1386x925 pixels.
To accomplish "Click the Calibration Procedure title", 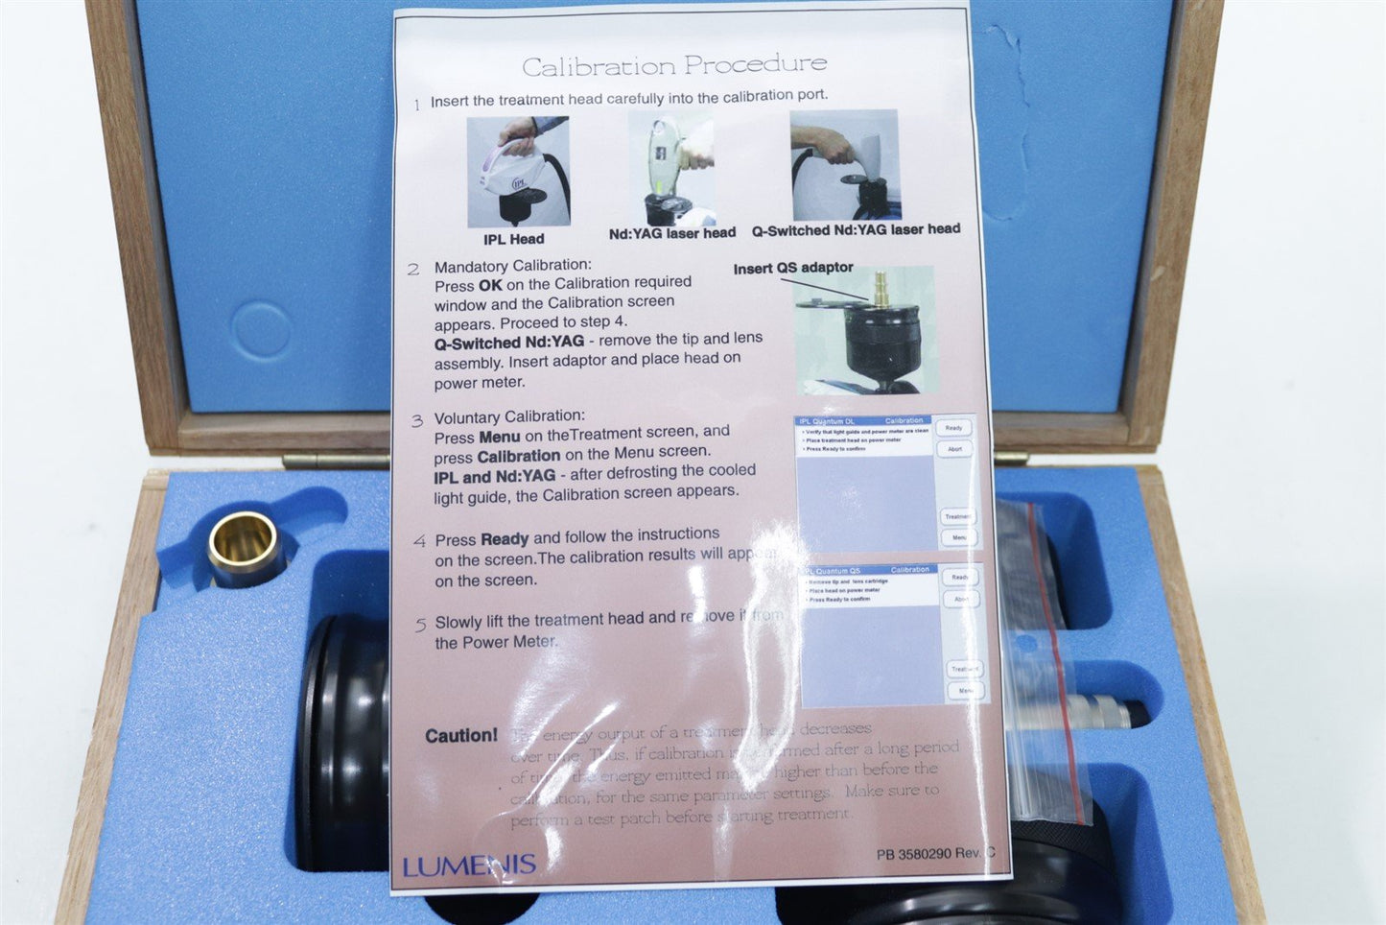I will (x=673, y=65).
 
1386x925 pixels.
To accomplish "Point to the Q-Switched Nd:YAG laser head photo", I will (x=844, y=165).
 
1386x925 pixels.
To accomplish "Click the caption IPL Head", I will (x=513, y=239).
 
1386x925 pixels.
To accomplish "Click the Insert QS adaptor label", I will (x=793, y=268).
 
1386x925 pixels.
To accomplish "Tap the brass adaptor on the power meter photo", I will (x=880, y=289).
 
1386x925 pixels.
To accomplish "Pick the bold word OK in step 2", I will (x=490, y=285).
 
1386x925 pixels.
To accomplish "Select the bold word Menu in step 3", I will (x=499, y=437).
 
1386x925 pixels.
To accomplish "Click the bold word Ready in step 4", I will (x=505, y=539).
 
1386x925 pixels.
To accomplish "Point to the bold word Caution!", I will (x=461, y=736).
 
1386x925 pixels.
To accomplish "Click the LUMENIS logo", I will (x=469, y=866).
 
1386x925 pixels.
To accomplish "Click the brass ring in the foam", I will (x=246, y=548).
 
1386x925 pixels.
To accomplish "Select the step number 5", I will (x=420, y=625).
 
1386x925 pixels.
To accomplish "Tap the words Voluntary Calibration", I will (x=508, y=416).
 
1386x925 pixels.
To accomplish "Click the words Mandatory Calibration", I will (x=512, y=266).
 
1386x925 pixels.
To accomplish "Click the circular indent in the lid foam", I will (x=262, y=331).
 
